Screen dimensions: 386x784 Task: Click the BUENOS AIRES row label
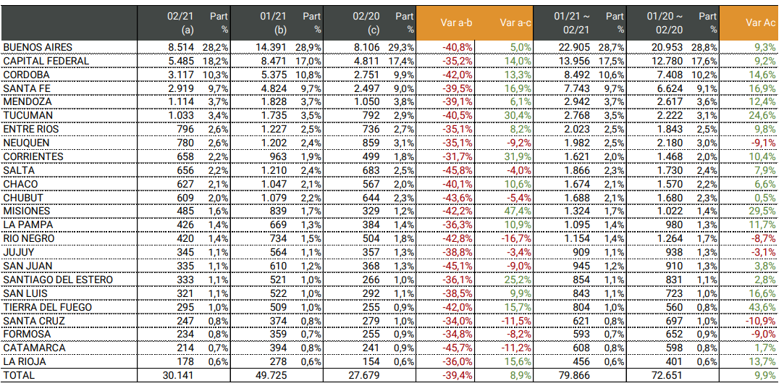click(x=38, y=47)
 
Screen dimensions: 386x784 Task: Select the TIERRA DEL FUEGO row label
click(x=48, y=307)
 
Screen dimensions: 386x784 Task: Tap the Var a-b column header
click(x=456, y=22)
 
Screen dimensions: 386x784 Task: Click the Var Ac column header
click(x=760, y=22)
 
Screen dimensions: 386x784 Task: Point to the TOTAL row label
click(x=19, y=375)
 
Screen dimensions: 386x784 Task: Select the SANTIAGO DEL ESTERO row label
click(x=54, y=280)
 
